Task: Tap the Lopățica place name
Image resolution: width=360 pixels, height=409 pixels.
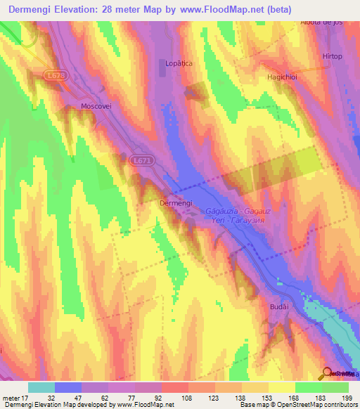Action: pos(179,63)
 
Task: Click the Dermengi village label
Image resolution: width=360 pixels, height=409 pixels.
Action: pos(176,202)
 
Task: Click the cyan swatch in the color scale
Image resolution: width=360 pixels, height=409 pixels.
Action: pos(41,387)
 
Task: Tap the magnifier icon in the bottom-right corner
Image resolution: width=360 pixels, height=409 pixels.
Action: pos(328,373)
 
